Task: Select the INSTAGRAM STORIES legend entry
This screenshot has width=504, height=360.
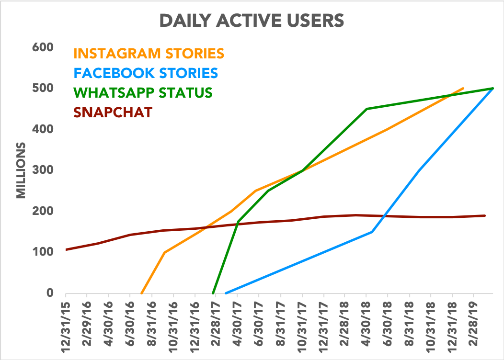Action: [x=149, y=52]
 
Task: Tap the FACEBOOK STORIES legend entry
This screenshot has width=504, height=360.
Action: [x=146, y=73]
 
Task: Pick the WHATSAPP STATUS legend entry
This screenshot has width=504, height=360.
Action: [x=143, y=92]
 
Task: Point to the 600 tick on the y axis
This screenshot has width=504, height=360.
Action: [x=42, y=47]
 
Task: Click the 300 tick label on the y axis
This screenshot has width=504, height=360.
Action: [x=42, y=170]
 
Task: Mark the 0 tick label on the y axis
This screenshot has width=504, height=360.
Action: [x=49, y=293]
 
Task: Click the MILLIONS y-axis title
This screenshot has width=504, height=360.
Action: [x=22, y=170]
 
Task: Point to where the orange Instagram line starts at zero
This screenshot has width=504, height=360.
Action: [x=141, y=293]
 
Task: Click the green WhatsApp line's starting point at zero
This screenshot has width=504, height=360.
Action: [x=213, y=293]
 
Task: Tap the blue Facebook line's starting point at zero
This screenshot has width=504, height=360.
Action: [x=226, y=292]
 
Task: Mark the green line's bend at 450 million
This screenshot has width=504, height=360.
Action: [x=367, y=109]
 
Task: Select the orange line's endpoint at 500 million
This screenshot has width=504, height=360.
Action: [x=463, y=88]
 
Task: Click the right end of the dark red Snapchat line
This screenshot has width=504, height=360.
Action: [x=485, y=215]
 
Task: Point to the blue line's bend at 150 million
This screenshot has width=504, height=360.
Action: [x=372, y=232]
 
